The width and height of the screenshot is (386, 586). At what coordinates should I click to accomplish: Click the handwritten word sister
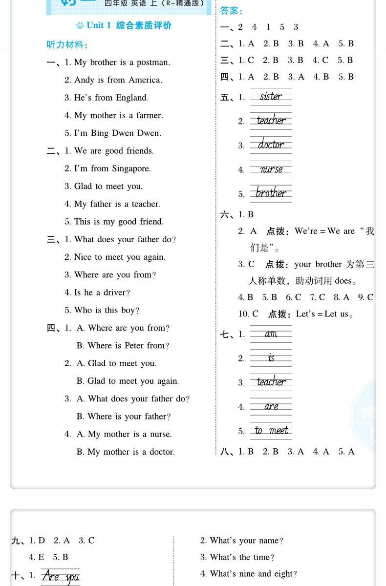[271, 96]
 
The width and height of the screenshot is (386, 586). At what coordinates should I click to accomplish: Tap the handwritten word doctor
[271, 145]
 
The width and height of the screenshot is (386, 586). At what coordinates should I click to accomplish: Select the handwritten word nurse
[271, 169]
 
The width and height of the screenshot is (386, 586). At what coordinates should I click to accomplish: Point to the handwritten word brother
[271, 193]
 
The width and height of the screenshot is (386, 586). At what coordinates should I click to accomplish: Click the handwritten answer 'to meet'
[271, 430]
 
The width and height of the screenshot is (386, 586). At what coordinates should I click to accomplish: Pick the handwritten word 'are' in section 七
[271, 406]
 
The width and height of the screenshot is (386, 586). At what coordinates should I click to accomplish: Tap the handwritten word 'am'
[271, 334]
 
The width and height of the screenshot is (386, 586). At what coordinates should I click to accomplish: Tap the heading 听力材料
[67, 45]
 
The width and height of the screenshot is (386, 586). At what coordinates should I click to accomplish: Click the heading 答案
[232, 11]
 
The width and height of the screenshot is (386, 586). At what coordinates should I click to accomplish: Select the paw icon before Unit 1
[80, 25]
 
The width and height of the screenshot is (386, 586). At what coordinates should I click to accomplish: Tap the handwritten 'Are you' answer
[61, 577]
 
